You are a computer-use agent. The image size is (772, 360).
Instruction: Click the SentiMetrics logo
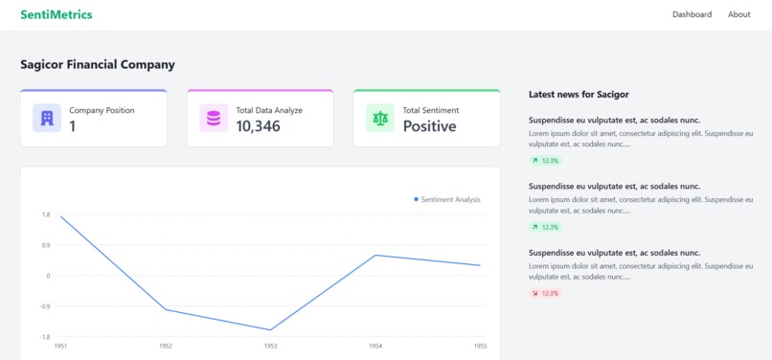pos(57,14)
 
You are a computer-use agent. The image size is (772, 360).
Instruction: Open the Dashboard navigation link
pos(692,14)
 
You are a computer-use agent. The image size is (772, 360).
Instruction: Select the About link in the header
pos(738,14)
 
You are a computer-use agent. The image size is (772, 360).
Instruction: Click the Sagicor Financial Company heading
pos(98,64)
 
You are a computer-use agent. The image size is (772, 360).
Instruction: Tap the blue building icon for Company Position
pos(46,118)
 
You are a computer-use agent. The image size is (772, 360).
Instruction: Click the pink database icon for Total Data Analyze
pos(213,118)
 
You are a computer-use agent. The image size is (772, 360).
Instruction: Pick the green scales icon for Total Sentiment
pos(379,118)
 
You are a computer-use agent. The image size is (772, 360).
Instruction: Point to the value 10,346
pos(258,126)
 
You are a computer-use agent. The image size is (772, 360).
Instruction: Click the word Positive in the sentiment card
pos(429,126)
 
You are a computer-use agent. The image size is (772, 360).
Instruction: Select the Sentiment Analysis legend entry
pos(447,199)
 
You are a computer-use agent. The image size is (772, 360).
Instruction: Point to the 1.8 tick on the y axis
pos(46,214)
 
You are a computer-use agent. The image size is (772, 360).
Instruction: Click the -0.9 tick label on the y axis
pos(45,306)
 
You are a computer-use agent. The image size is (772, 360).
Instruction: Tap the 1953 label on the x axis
pos(271,346)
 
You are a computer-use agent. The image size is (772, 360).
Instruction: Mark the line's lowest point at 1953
pos(271,329)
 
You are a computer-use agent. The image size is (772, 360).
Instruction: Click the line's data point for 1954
pos(375,255)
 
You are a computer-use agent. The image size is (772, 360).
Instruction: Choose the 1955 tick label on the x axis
pos(480,346)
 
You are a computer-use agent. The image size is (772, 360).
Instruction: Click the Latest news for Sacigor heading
pos(579,94)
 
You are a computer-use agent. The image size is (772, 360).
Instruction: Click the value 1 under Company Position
pos(72,126)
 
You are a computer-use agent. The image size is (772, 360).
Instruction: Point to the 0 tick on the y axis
pos(48,276)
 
